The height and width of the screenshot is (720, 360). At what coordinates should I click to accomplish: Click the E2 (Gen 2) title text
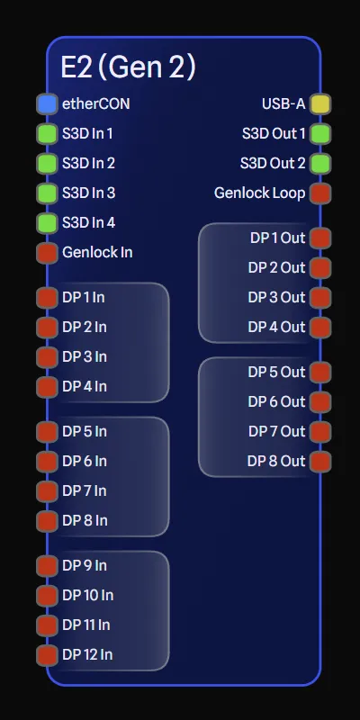(x=128, y=67)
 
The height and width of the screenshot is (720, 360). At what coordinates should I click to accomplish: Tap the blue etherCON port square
(x=47, y=103)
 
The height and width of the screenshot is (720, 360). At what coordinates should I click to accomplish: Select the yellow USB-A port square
(x=319, y=103)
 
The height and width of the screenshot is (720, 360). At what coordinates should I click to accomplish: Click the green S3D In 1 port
(x=47, y=133)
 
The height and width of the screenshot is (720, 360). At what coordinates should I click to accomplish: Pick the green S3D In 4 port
(x=47, y=222)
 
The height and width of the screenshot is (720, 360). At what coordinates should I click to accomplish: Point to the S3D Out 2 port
(x=319, y=163)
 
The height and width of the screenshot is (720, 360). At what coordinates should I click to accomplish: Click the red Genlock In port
(x=47, y=252)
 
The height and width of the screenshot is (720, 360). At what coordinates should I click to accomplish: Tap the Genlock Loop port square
(x=319, y=193)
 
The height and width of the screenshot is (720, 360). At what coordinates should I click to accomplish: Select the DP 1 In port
(x=47, y=297)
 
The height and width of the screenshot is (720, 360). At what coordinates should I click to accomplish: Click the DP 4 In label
(x=85, y=386)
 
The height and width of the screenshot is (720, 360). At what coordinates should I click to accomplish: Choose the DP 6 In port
(x=47, y=461)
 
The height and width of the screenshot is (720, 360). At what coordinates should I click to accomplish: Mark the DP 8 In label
(x=85, y=520)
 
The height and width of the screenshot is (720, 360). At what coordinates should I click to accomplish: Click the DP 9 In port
(x=47, y=565)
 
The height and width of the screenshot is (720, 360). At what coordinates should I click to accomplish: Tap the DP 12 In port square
(x=47, y=654)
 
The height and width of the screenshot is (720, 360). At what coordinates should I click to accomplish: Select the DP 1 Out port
(x=319, y=238)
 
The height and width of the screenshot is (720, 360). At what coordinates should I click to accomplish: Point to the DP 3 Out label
(x=276, y=297)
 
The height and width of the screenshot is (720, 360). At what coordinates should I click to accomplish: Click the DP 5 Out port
(x=319, y=372)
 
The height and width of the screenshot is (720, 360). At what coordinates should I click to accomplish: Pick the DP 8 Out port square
(x=319, y=461)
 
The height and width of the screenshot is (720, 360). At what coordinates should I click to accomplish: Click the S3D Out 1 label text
(x=274, y=133)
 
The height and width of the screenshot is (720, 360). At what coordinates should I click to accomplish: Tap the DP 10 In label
(x=88, y=595)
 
